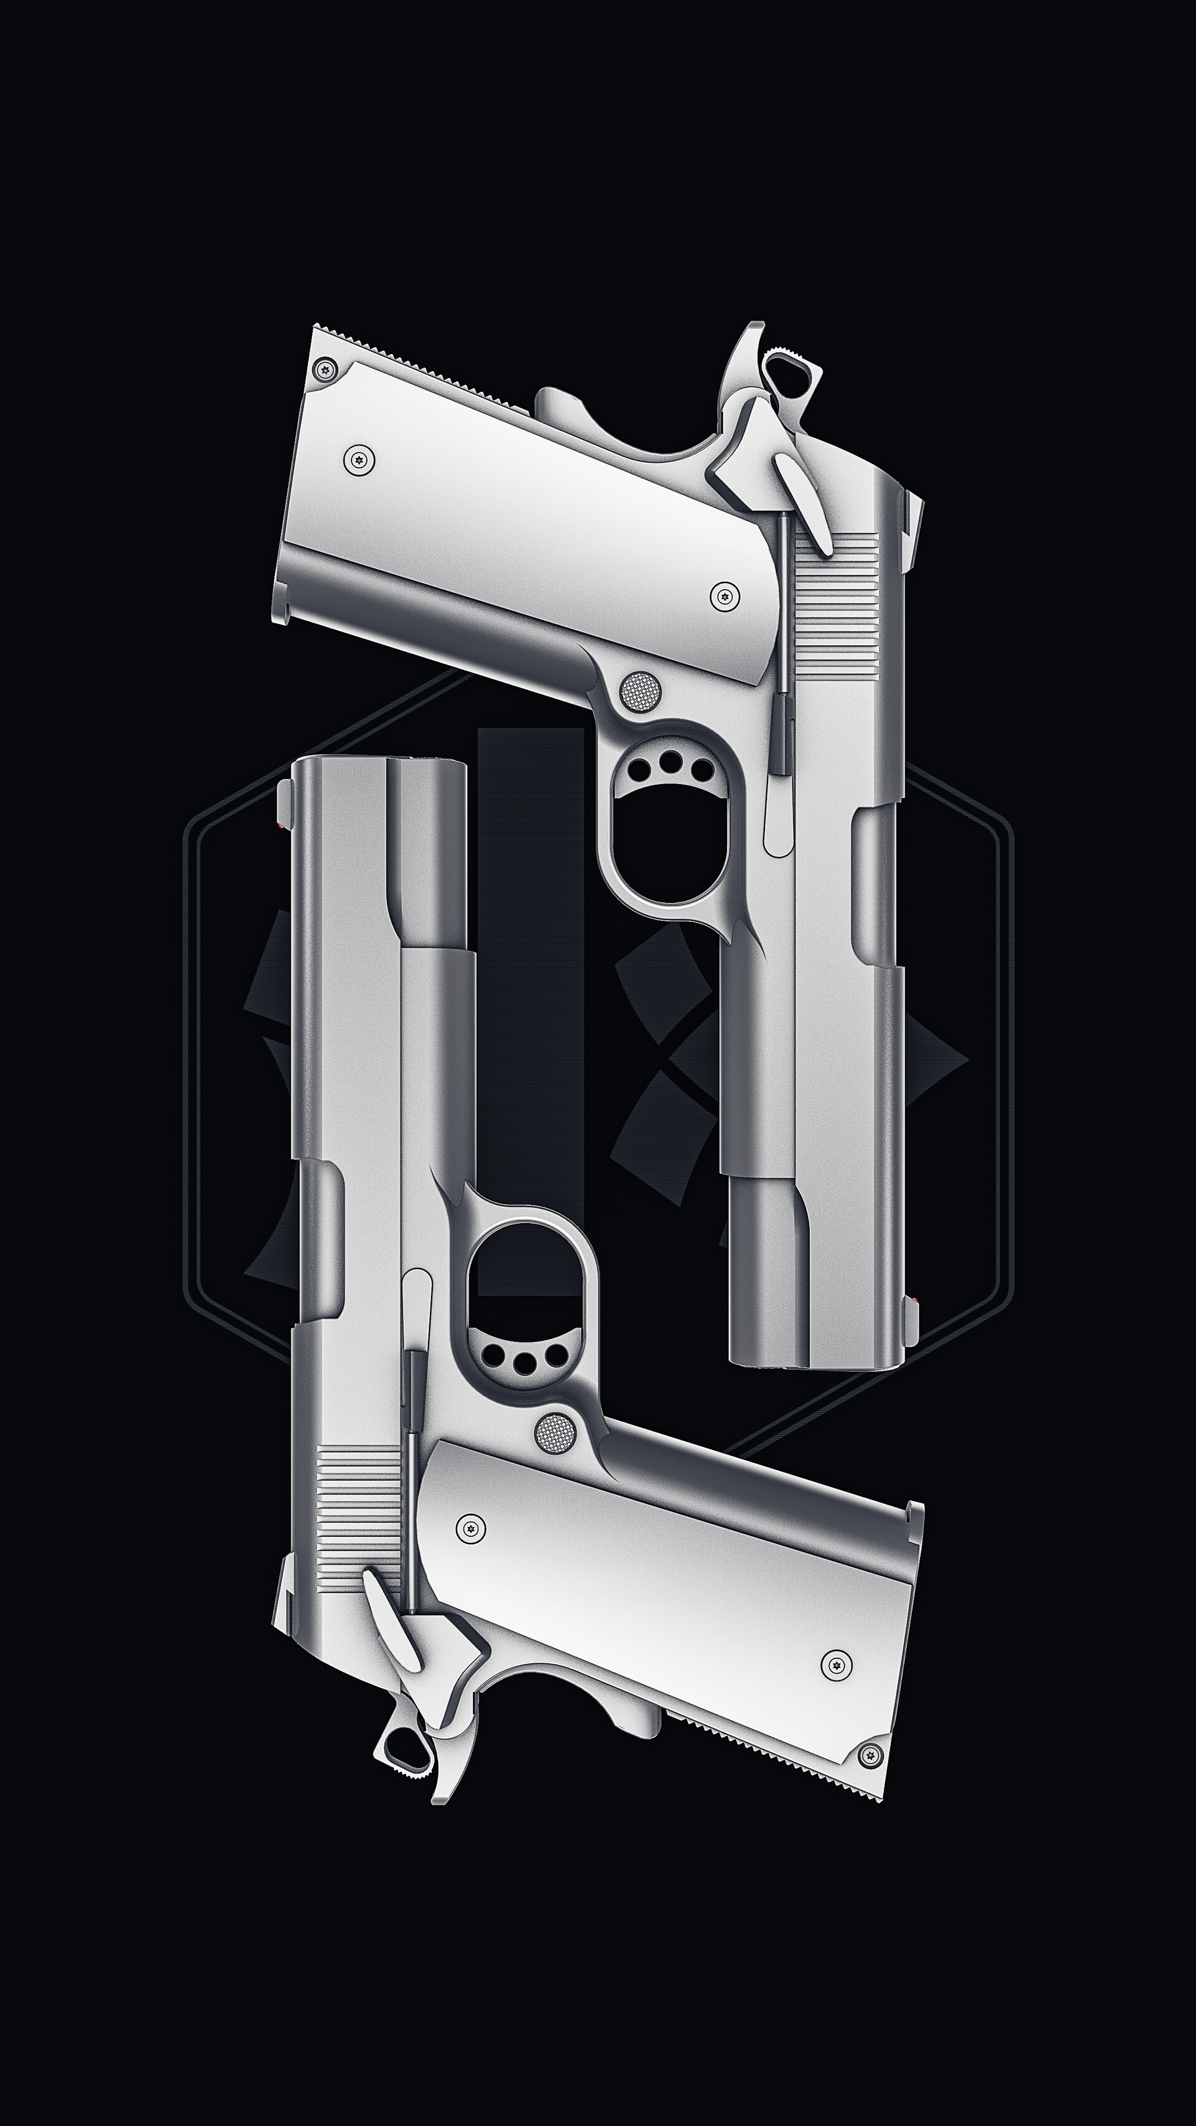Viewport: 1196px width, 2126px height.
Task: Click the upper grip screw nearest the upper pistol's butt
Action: (x=358, y=460)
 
